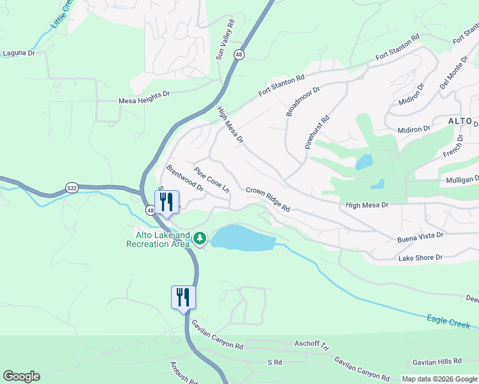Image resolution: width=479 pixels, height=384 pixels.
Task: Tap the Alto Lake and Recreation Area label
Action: click(158, 239)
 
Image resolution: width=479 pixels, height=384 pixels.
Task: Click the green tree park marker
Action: click(200, 239)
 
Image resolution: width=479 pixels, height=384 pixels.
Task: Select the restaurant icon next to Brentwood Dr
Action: click(166, 202)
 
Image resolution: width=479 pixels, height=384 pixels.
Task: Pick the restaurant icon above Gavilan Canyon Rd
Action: click(183, 297)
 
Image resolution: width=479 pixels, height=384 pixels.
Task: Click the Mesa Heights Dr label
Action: click(144, 100)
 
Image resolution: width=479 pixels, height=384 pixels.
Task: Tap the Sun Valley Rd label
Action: click(225, 40)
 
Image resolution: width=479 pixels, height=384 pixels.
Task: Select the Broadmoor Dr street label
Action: click(302, 100)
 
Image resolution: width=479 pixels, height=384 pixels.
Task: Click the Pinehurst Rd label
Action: click(317, 132)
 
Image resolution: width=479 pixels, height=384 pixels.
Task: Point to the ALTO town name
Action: click(459, 121)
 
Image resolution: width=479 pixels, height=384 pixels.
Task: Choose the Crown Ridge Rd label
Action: click(268, 200)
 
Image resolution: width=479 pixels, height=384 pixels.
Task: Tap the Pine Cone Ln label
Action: click(211, 180)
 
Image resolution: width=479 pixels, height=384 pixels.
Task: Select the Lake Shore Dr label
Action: click(420, 258)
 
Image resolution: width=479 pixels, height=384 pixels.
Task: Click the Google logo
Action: click(21, 376)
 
